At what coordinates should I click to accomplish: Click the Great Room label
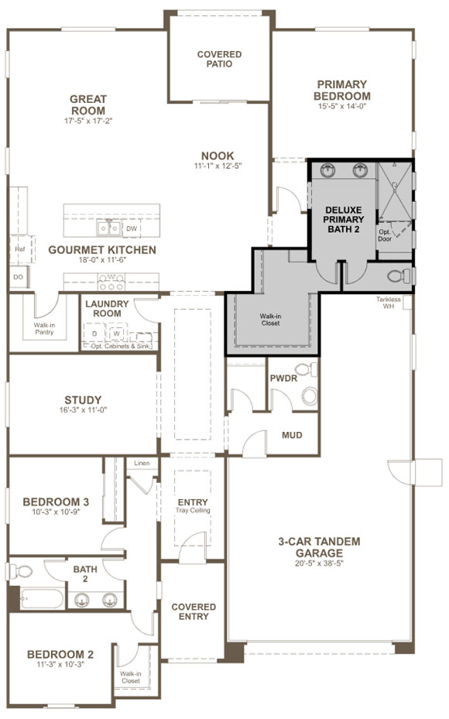(87, 104)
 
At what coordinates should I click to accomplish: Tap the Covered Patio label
(219, 59)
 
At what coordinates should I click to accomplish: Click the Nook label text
(218, 156)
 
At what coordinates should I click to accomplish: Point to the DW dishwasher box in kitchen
(132, 229)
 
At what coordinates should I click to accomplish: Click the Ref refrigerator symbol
(19, 249)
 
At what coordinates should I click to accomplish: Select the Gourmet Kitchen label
(101, 250)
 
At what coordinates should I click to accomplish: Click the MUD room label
(292, 435)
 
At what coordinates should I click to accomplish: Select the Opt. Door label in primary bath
(384, 235)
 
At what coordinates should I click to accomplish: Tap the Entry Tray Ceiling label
(193, 505)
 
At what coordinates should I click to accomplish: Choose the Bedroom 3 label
(56, 502)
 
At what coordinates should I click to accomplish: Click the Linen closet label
(141, 463)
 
